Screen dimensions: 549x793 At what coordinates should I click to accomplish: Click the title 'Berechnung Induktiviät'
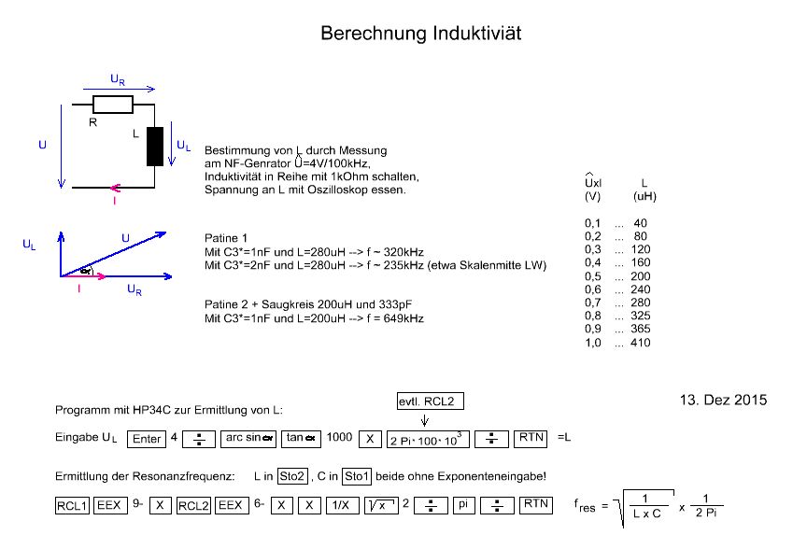coord(420,33)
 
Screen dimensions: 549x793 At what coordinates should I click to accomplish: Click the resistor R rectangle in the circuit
coord(113,105)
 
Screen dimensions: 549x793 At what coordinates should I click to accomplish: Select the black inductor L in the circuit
coord(154,146)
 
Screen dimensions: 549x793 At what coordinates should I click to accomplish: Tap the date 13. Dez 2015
coord(722,400)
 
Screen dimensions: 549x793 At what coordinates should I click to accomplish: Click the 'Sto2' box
coord(292,476)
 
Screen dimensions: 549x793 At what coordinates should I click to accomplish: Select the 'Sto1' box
coord(357,476)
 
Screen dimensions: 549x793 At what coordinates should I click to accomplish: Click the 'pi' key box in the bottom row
coord(464,504)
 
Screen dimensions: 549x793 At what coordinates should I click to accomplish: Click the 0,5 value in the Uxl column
coord(591,276)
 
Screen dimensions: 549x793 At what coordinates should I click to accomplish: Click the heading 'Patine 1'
coord(225,237)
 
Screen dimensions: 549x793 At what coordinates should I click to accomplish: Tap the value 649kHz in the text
coord(403,319)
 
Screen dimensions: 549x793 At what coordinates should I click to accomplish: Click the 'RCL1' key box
coord(71,504)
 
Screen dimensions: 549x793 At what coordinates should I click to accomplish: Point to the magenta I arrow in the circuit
coord(113,187)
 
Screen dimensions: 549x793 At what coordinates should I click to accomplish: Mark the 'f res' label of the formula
coord(588,507)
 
